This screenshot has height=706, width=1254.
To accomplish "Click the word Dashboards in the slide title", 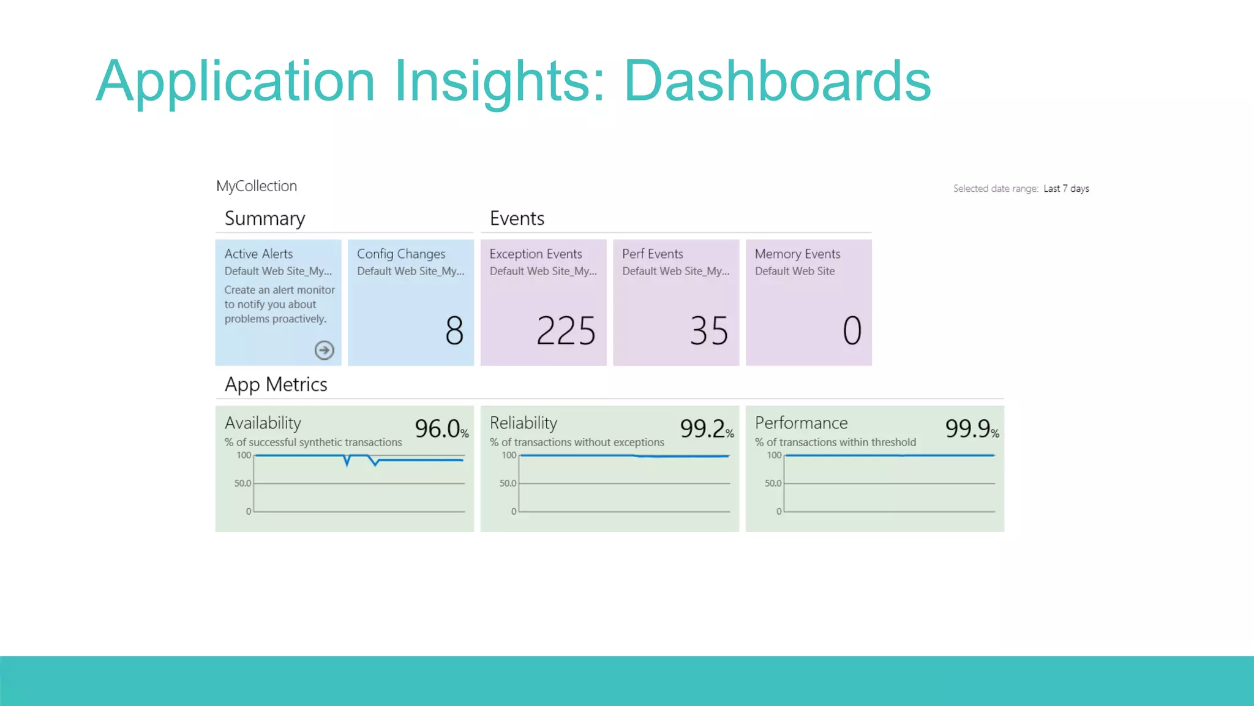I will click(776, 81).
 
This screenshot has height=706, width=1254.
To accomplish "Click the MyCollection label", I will click(257, 186).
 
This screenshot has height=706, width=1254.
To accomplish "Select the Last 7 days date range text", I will click(1066, 189).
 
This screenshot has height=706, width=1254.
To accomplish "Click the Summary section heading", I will click(265, 219).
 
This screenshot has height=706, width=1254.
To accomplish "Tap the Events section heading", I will click(517, 219).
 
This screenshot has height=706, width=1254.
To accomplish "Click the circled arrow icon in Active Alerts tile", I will click(324, 350).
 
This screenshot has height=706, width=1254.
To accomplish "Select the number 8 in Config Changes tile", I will click(454, 331).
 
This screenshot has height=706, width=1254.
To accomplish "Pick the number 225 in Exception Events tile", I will click(566, 331).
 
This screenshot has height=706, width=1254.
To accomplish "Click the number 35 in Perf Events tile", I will click(709, 331).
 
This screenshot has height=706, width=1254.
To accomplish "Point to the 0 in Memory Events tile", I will click(852, 331).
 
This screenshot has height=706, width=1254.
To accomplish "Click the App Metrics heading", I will click(276, 385).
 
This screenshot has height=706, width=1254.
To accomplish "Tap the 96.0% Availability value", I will click(441, 428).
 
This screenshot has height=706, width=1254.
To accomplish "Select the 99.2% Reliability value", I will click(706, 428).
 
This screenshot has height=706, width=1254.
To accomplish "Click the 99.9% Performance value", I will click(971, 428).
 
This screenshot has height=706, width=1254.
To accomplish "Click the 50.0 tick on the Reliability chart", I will click(508, 484).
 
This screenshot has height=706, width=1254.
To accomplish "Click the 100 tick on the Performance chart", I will click(774, 455).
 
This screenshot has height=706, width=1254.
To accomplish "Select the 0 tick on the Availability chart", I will click(249, 511).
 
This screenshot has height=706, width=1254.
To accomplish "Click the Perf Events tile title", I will click(652, 254).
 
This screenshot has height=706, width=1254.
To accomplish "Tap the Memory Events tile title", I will click(797, 254).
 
